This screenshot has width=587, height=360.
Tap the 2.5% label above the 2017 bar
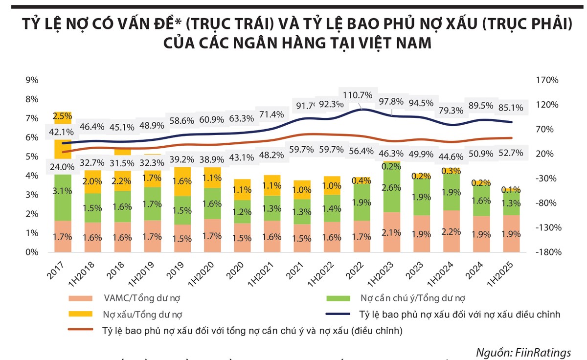point(62,116)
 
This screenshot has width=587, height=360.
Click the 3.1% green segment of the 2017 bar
point(62,190)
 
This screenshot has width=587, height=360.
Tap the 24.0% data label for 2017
point(62,166)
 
